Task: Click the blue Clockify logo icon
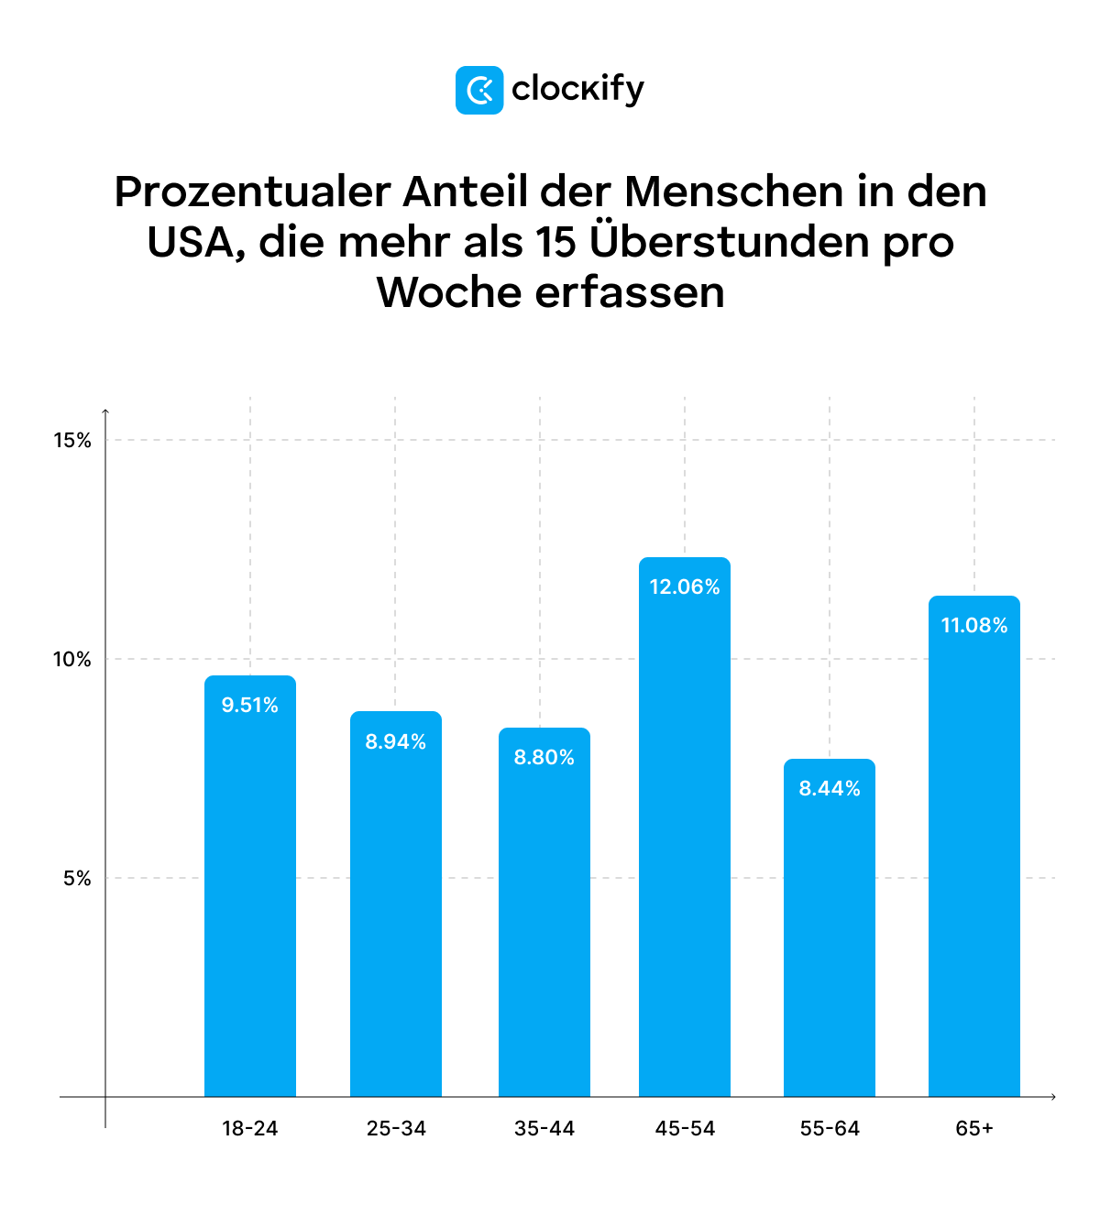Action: tap(478, 90)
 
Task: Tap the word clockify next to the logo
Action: tap(577, 90)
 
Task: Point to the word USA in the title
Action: tap(194, 242)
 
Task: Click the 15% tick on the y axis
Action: tap(72, 441)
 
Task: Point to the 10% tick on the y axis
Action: tap(72, 660)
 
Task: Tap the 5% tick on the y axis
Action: tap(77, 879)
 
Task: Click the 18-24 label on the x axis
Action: tap(249, 1128)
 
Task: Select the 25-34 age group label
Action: tap(396, 1128)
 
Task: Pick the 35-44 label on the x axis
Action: tap(544, 1128)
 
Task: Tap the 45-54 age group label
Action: tap(685, 1128)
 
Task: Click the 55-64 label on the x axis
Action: tap(830, 1128)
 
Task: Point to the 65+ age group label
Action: tap(973, 1128)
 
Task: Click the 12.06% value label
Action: tap(685, 587)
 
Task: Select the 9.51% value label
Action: tap(249, 705)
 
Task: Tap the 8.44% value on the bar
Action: tap(830, 788)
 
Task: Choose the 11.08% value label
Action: tap(973, 625)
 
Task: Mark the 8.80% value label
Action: tap(544, 757)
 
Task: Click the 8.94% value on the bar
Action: tap(396, 741)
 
